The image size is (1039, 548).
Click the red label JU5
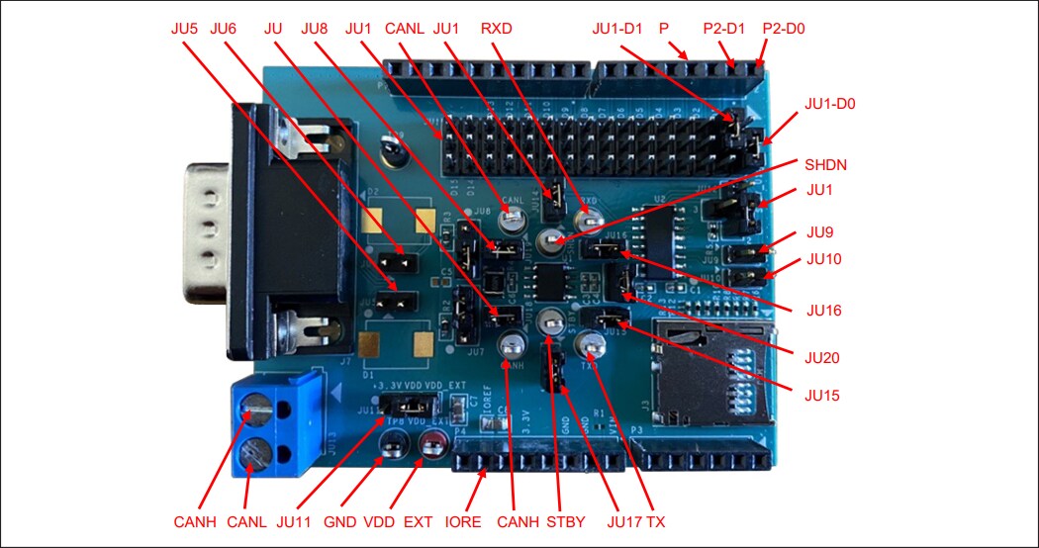(185, 29)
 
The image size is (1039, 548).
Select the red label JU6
(225, 29)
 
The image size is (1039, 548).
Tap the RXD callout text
(496, 29)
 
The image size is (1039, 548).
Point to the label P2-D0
(783, 29)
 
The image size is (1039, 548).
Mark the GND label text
(340, 521)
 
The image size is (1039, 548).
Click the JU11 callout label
(295, 521)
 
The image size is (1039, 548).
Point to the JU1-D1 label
(618, 29)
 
